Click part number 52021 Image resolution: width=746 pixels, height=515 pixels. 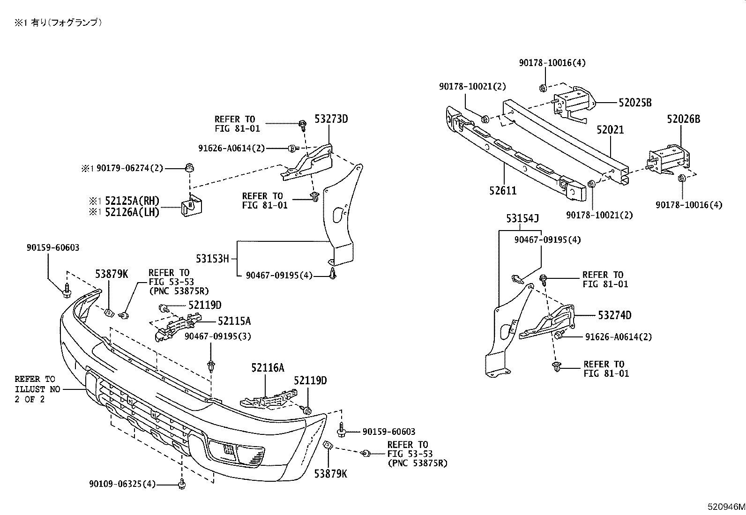(x=610, y=130)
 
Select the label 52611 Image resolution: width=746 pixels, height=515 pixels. (x=503, y=191)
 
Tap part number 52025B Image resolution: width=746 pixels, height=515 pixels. (x=635, y=103)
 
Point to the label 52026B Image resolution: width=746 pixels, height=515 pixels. (x=683, y=119)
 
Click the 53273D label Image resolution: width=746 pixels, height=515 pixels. (x=331, y=119)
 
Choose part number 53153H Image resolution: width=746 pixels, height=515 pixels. (x=212, y=258)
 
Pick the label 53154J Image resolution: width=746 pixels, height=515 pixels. (x=522, y=218)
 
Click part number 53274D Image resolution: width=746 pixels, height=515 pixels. (x=614, y=315)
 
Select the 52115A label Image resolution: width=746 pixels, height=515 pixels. (x=234, y=321)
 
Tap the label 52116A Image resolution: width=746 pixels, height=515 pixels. (x=267, y=368)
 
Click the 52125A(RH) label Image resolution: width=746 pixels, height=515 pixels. (x=132, y=202)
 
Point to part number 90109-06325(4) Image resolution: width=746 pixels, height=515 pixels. (x=122, y=484)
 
